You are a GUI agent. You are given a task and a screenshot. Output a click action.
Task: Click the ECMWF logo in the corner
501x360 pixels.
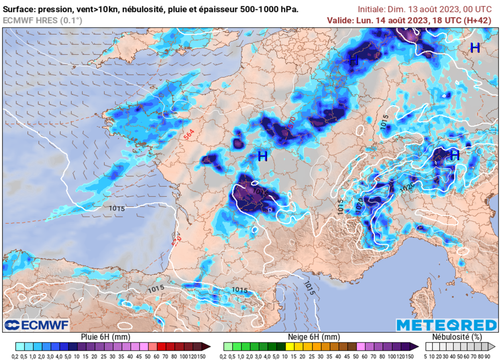point(37,325)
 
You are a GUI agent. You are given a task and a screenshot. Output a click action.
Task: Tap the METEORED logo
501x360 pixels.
point(446,325)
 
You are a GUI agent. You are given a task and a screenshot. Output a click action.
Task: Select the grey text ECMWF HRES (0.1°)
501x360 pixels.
point(43,20)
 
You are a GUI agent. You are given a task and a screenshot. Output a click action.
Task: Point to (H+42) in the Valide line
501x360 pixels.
point(477,20)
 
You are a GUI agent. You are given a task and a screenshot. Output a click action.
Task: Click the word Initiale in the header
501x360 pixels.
point(371,9)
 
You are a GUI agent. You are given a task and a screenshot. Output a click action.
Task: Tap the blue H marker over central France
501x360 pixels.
point(262,157)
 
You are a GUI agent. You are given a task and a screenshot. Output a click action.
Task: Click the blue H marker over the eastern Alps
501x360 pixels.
point(455,155)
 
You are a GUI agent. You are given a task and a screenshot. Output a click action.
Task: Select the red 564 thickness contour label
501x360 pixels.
point(190,135)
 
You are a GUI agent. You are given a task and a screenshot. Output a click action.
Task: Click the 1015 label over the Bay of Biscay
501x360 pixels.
point(116,208)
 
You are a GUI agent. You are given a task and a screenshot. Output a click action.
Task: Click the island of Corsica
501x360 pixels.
point(420,302)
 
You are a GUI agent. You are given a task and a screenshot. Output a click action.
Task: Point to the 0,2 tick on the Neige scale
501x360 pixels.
point(228,355)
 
